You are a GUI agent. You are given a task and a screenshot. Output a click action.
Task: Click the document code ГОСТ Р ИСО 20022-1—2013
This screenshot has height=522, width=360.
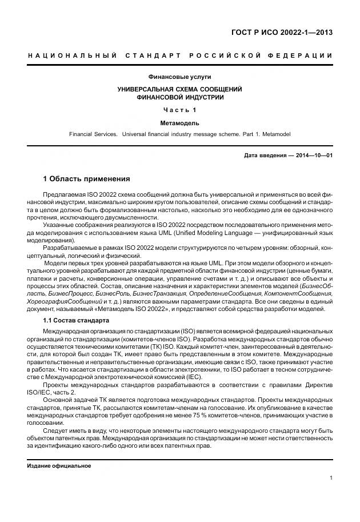point(289,32)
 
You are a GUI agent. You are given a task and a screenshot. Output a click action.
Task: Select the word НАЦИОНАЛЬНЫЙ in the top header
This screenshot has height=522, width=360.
point(71,55)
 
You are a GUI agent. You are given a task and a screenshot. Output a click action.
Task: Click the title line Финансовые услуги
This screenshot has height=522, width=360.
point(179,77)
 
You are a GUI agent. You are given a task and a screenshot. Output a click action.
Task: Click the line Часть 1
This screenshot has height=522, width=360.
point(179,110)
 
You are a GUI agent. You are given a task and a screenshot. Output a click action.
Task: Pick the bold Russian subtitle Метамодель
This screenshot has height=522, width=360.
point(179,122)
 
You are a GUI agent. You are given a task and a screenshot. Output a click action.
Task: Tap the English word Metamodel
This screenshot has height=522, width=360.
point(276,134)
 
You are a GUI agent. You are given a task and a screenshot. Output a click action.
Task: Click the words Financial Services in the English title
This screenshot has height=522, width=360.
point(93,134)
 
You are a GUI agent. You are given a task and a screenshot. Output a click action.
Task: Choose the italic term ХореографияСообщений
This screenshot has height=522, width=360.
point(65,300)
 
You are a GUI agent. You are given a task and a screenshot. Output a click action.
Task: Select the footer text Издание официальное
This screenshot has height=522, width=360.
point(59,465)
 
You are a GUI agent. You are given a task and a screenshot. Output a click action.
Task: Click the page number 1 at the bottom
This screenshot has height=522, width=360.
point(331,477)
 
